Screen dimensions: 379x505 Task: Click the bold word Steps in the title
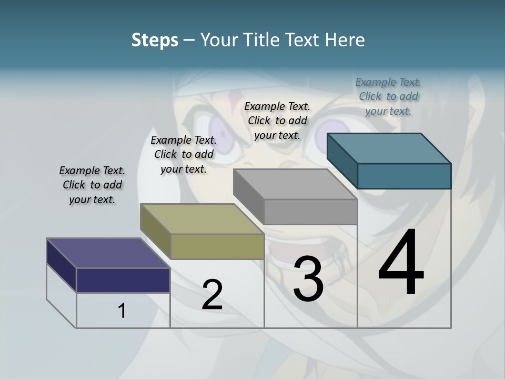click(x=155, y=40)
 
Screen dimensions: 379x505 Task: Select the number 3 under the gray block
click(x=308, y=278)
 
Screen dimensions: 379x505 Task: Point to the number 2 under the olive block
click(x=212, y=295)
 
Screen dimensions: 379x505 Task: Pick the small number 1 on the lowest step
click(x=122, y=311)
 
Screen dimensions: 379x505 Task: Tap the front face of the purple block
click(x=123, y=280)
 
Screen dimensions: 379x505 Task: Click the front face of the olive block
click(x=217, y=246)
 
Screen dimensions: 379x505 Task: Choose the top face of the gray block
click(x=295, y=184)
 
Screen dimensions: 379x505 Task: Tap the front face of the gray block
click(x=310, y=212)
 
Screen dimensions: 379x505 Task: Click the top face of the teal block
click(x=389, y=148)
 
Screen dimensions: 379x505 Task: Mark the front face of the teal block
click(x=404, y=176)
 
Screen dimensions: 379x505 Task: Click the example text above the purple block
click(x=92, y=185)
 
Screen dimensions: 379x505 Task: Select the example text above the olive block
click(x=184, y=154)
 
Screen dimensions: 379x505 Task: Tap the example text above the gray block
click(x=277, y=121)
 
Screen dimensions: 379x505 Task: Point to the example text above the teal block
click(x=388, y=96)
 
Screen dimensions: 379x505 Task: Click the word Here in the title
click(x=347, y=40)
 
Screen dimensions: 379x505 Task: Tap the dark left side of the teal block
click(x=342, y=161)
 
